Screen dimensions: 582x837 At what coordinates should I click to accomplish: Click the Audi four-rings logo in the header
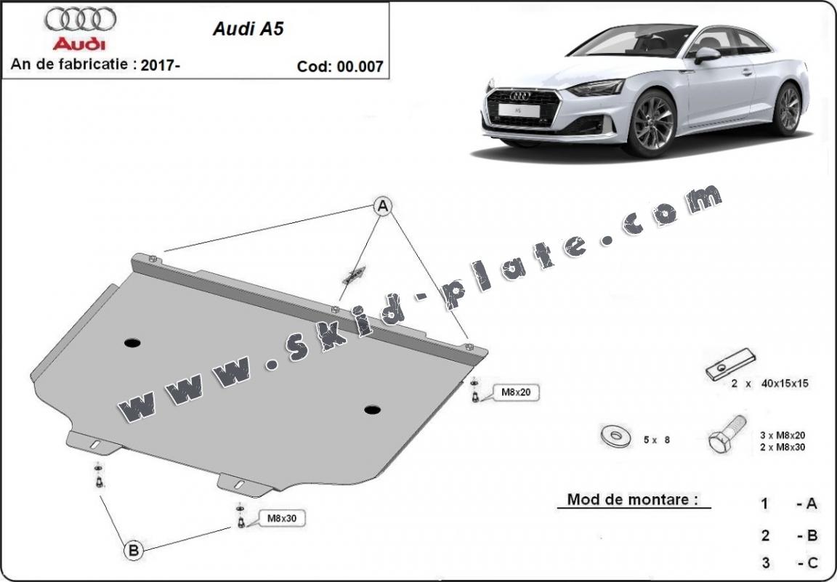point(79,18)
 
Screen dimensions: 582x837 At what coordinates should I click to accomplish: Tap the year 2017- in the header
point(161,64)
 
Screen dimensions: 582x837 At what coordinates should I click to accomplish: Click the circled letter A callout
point(383,207)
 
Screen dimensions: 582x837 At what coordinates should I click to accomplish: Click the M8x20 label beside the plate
point(515,393)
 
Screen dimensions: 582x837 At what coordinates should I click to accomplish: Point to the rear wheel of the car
point(788,108)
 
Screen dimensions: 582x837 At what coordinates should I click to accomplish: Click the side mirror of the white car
point(706,54)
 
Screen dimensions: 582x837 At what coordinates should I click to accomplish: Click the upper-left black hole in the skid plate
point(134,342)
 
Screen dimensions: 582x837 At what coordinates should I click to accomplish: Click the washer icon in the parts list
point(616,437)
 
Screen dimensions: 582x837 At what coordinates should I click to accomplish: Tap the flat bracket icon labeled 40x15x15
point(730,365)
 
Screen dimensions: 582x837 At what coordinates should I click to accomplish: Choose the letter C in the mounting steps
point(812,562)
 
